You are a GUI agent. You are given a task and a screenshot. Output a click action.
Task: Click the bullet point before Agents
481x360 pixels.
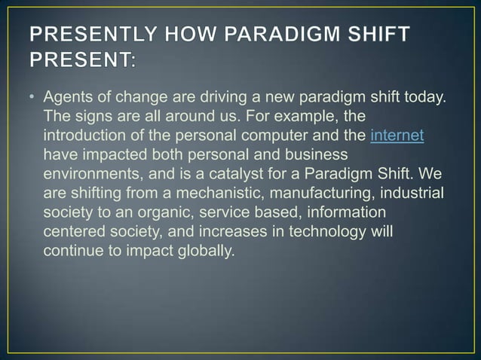pos(34,98)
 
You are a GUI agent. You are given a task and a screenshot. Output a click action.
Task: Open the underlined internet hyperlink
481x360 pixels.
pos(397,136)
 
